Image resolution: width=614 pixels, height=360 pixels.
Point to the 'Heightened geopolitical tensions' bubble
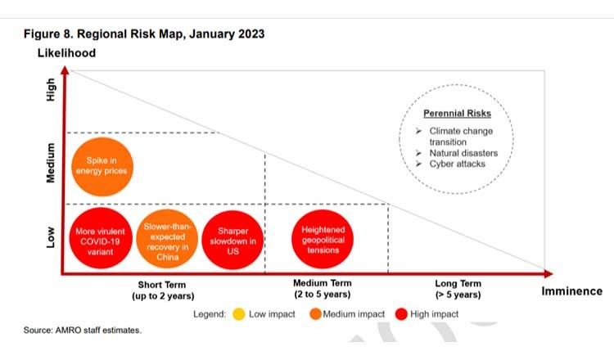[323, 236]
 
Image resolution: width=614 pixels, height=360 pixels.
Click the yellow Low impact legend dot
[237, 313]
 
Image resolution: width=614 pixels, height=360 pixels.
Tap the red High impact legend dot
[400, 313]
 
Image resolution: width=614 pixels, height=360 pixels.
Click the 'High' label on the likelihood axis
[50, 89]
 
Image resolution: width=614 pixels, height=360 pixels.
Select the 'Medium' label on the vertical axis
[50, 163]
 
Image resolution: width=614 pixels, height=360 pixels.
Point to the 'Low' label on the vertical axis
[50, 236]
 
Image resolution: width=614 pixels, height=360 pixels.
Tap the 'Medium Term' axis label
[322, 283]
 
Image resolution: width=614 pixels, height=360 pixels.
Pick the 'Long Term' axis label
[458, 283]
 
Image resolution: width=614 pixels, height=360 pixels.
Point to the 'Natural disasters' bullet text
[463, 153]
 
